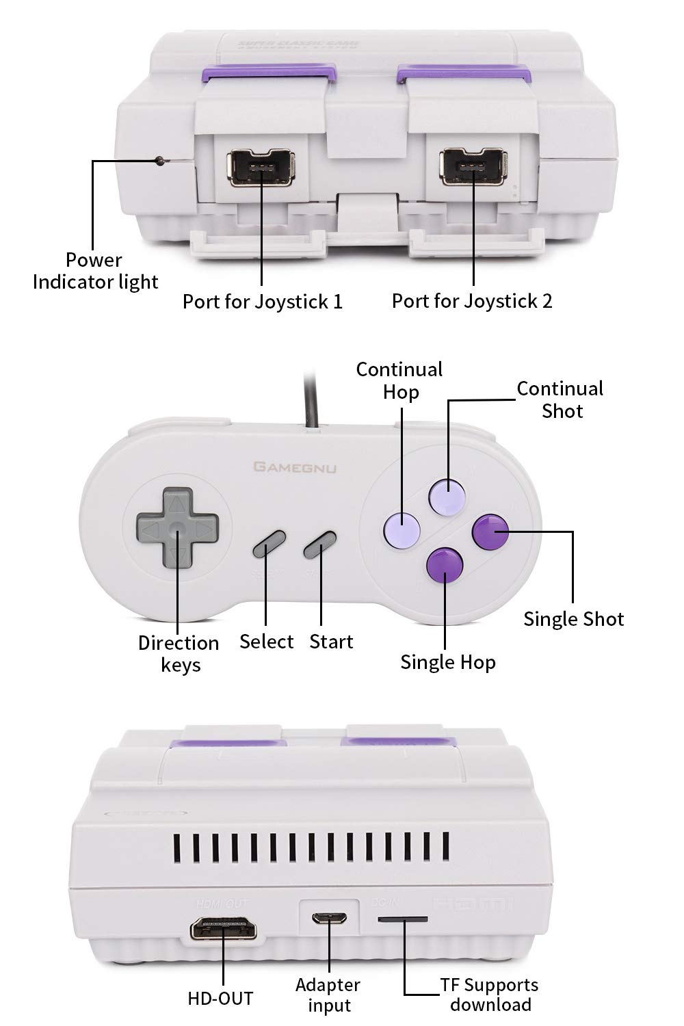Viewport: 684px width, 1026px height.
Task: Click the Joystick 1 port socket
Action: [x=261, y=167]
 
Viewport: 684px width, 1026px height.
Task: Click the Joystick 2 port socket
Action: [x=473, y=166]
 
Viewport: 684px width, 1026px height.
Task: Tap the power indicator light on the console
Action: [x=160, y=161]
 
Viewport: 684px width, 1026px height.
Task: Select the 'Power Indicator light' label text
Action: [x=95, y=271]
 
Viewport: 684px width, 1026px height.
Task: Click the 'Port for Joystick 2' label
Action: [x=471, y=301]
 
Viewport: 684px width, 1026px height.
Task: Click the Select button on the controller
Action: [x=268, y=544]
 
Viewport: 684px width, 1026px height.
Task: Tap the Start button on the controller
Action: [x=319, y=544]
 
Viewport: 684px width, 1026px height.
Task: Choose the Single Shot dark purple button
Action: [x=491, y=531]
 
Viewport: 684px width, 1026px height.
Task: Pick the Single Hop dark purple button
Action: [x=445, y=565]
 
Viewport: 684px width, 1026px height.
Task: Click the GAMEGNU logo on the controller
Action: [x=295, y=467]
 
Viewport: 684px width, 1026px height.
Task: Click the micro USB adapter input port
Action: [x=329, y=918]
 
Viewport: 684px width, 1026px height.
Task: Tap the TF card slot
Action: [x=403, y=919]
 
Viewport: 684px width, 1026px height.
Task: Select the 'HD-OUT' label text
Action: [x=220, y=999]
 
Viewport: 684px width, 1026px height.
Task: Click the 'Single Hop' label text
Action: [x=448, y=662]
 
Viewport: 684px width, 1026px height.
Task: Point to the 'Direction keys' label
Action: [x=179, y=653]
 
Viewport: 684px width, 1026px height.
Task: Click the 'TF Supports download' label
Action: [x=490, y=995]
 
